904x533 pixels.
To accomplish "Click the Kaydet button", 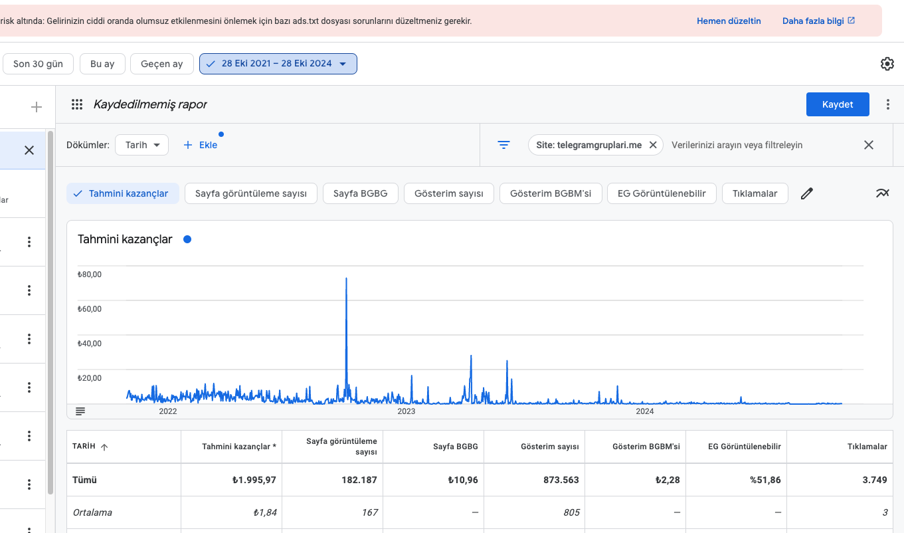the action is tap(838, 104).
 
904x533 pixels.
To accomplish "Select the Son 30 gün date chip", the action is tap(38, 64).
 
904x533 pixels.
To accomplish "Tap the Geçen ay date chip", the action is tap(162, 64).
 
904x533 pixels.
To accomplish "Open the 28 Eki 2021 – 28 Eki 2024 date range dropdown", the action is tap(278, 64).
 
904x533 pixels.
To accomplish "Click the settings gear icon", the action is tap(887, 64).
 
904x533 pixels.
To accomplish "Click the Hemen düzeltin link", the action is tap(729, 21).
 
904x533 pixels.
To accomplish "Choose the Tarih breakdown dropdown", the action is tap(141, 145).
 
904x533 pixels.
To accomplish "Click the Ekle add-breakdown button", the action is tap(200, 145).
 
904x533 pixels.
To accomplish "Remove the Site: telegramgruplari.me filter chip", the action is tap(653, 145).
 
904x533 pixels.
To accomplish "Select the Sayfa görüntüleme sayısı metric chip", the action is tap(251, 193).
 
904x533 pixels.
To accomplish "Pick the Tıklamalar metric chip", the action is tap(755, 193).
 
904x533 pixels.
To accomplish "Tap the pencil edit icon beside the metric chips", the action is tap(807, 193).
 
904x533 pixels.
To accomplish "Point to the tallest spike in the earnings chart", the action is tap(346, 278).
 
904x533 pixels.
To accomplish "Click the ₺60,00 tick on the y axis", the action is tap(90, 309).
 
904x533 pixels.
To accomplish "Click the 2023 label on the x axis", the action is tap(406, 411).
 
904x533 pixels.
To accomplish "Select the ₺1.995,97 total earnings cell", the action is tap(254, 480).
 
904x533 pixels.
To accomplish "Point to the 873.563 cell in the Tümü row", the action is tap(561, 480).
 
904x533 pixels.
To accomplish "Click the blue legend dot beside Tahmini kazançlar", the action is tap(187, 239).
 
